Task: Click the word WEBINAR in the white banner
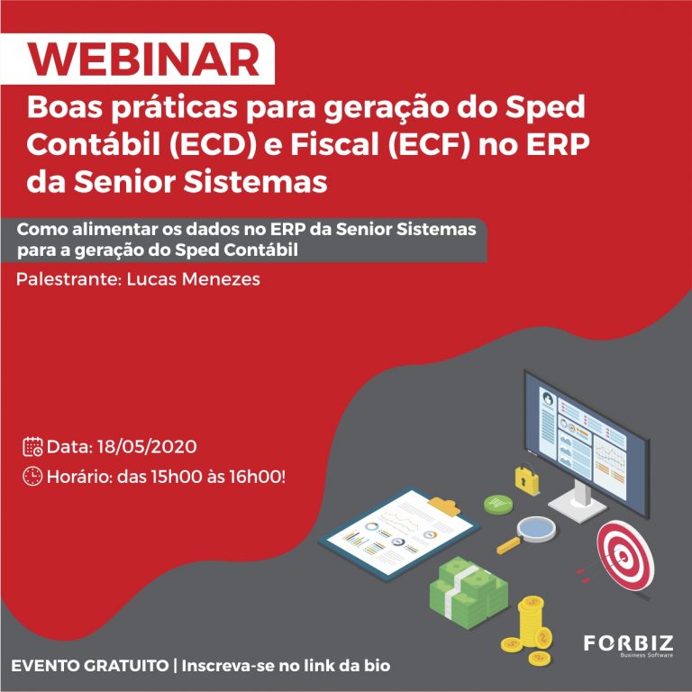tap(144, 59)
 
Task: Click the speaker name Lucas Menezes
tap(194, 279)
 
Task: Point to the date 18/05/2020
tap(147, 447)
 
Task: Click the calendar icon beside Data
tap(32, 447)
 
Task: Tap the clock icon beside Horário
tap(32, 476)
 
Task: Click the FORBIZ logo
tap(628, 645)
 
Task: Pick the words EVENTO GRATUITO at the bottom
tap(89, 666)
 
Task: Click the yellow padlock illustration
tap(527, 478)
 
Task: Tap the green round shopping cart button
tap(498, 504)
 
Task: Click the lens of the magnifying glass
tap(536, 528)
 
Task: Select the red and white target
tap(625, 555)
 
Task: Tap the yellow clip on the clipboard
tap(444, 505)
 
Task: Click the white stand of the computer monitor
tap(578, 499)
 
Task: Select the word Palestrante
tap(68, 279)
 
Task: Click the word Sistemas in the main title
tap(256, 181)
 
